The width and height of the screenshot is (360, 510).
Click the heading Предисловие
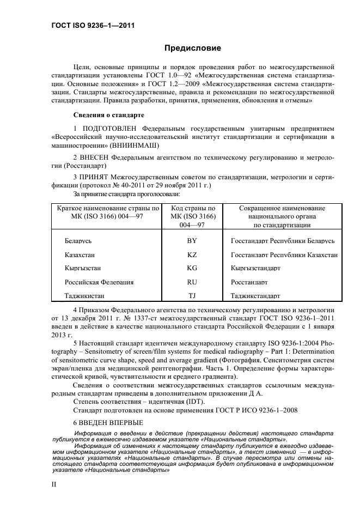[193, 48]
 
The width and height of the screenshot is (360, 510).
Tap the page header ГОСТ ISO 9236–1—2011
[86, 26]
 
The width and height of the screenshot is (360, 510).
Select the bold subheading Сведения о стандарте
[108, 116]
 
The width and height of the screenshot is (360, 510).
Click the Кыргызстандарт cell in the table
[255, 268]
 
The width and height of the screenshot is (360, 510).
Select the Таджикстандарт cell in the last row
[255, 296]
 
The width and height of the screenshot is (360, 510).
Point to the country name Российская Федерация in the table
[99, 282]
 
